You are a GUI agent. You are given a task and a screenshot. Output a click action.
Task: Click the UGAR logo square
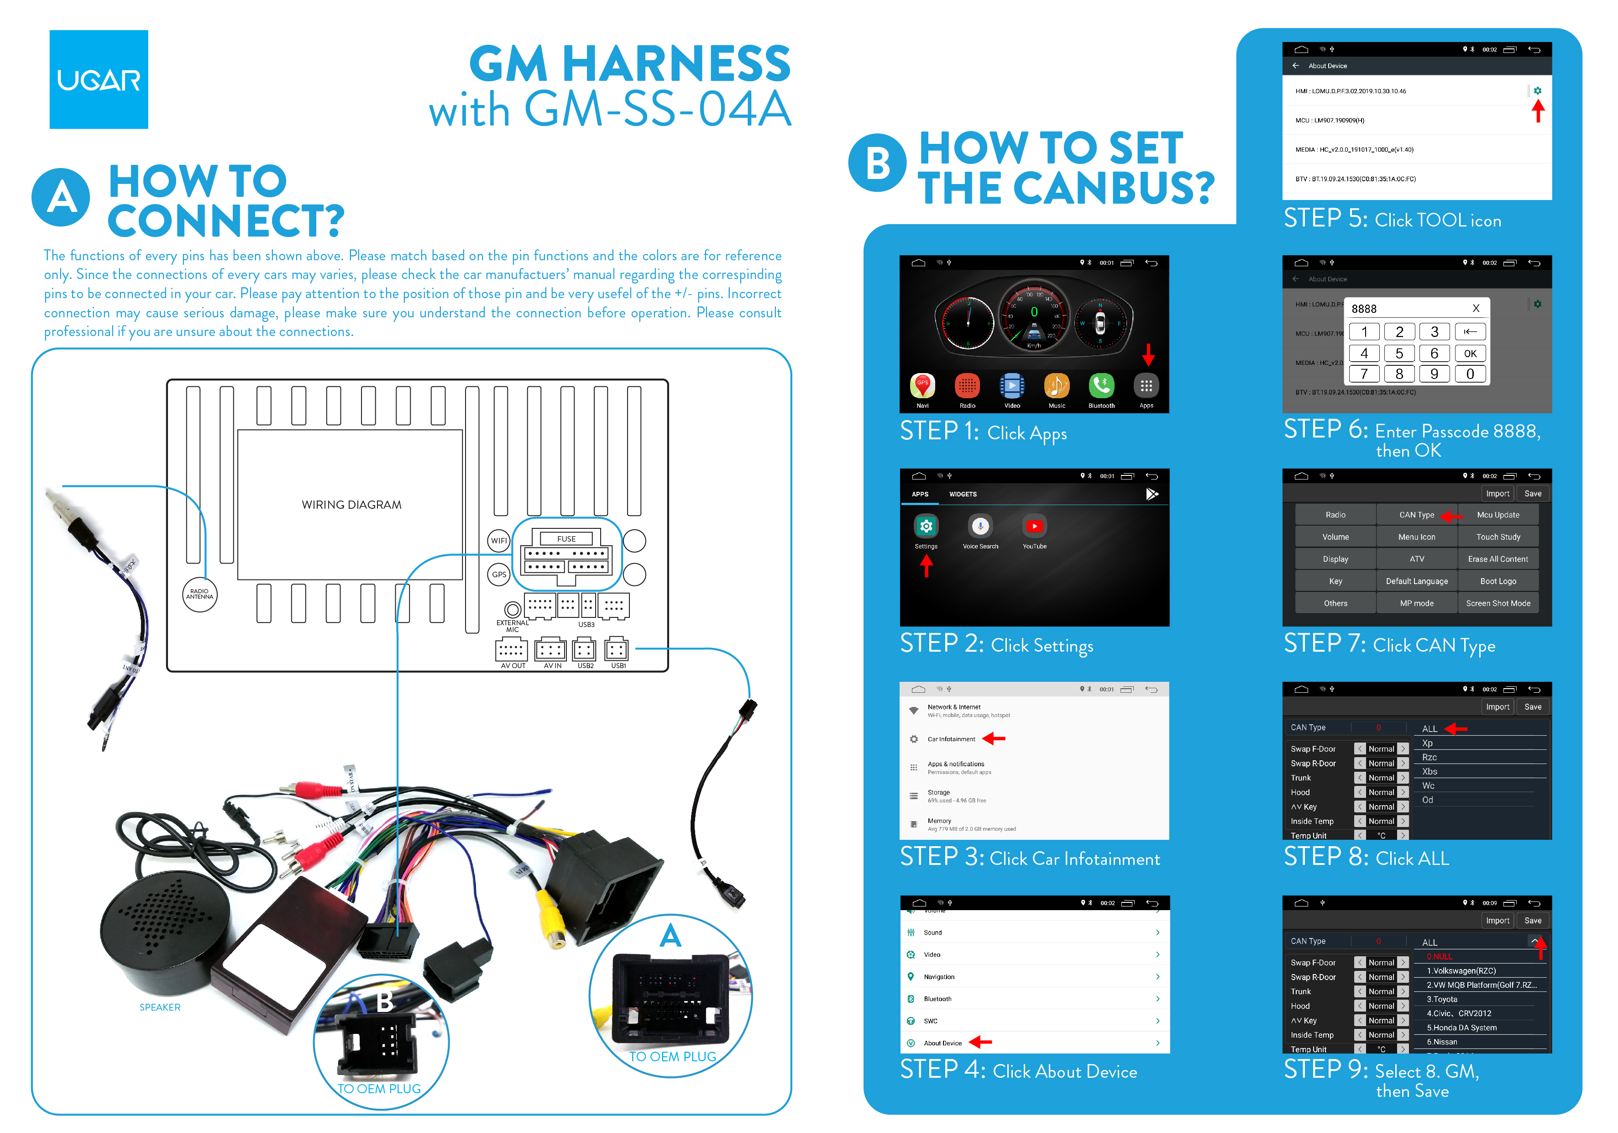pos(99,79)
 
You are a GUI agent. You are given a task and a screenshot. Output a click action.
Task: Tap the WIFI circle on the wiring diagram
pos(499,541)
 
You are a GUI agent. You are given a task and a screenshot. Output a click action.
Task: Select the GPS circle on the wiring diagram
pos(499,574)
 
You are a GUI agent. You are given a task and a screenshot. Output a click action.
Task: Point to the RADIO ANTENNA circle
pos(199,594)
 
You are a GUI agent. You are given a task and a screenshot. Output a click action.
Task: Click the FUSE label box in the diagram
pos(566,539)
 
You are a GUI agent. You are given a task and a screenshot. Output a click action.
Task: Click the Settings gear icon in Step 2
pos(926,526)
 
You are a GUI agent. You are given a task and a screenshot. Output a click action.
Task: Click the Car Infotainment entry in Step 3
pos(951,739)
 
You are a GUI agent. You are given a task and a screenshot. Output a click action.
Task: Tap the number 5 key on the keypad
pos(1399,353)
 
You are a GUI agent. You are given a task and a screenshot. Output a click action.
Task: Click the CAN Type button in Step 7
pos(1416,515)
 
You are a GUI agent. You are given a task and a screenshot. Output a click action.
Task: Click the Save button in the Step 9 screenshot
pos(1533,920)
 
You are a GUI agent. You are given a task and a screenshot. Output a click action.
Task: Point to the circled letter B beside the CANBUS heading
pos(877,163)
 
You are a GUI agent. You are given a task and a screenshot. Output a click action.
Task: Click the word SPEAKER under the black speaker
pos(160,1007)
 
